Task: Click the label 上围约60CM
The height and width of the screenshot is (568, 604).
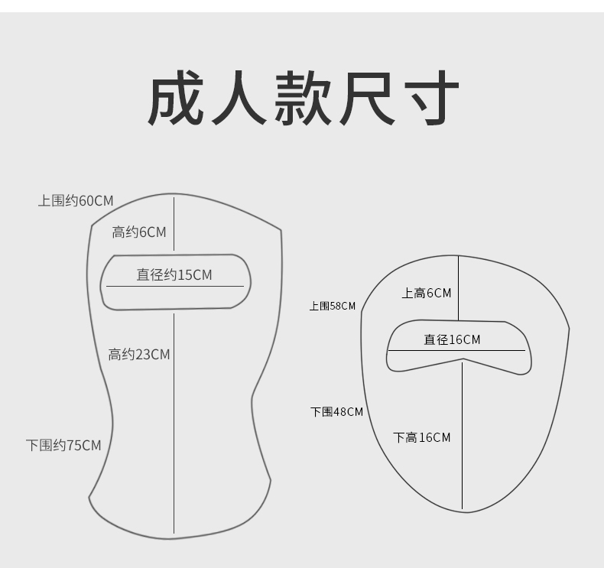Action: [76, 201]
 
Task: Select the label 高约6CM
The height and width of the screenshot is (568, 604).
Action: [138, 232]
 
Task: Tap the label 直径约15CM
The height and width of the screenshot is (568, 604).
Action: [174, 274]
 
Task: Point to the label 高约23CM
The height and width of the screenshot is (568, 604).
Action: [138, 354]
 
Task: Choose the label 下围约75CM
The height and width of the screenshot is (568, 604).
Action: [63, 445]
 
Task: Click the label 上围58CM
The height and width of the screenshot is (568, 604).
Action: [333, 306]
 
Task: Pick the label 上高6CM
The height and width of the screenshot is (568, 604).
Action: [427, 293]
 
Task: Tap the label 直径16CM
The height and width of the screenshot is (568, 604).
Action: [453, 339]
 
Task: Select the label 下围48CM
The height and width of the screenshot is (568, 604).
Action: [336, 412]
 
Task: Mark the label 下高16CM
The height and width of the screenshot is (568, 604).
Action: [422, 437]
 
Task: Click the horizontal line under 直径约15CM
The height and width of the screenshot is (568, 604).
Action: [174, 286]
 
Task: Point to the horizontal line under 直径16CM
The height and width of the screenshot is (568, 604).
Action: [456, 350]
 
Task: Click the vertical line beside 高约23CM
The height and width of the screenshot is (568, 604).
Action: [174, 420]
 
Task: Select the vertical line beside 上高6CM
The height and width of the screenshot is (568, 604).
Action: [458, 287]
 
